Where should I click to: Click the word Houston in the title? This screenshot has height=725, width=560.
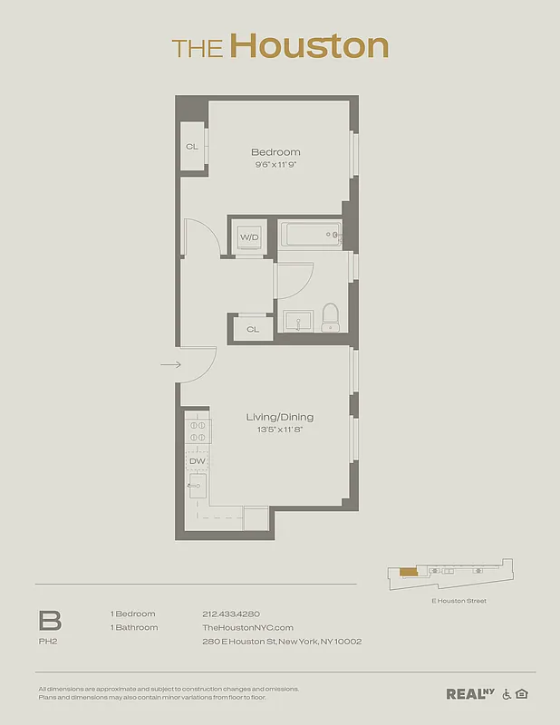(x=308, y=46)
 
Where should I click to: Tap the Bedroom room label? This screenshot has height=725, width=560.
(x=275, y=152)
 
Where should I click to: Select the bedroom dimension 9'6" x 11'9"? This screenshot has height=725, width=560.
(x=275, y=165)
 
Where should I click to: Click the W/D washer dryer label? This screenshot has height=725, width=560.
(x=249, y=237)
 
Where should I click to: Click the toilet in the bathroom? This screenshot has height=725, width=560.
(x=331, y=316)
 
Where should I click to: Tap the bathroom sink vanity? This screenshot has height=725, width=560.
(x=298, y=321)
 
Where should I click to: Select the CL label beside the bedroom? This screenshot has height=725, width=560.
(x=192, y=146)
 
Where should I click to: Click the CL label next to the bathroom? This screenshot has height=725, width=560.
(x=253, y=329)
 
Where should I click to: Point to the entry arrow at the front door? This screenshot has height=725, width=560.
(x=170, y=365)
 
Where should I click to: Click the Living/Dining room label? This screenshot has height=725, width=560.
(x=280, y=417)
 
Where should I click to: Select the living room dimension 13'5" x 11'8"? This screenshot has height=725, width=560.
(x=280, y=430)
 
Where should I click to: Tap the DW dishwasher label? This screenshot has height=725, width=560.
(x=197, y=461)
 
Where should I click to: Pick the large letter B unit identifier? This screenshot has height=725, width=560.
(x=50, y=621)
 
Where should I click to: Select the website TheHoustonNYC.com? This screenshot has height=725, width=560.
(x=247, y=627)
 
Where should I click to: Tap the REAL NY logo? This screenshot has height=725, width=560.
(x=469, y=694)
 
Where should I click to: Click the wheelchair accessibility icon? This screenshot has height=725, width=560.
(x=506, y=694)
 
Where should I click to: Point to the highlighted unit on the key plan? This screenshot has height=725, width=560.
(x=409, y=572)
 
